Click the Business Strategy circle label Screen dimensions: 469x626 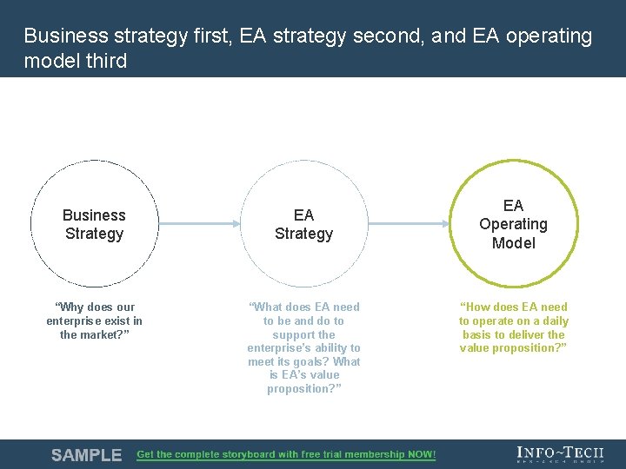94,224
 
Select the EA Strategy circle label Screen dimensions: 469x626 303,224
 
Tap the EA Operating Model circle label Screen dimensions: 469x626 513,224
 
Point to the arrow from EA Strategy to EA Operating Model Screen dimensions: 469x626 408,224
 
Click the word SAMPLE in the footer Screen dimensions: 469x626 86,455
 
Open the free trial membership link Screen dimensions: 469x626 286,455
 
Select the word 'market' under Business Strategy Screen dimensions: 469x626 103,334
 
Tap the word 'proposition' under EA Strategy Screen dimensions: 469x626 298,389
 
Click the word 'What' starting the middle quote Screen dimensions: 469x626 268,307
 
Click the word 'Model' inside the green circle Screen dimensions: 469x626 513,243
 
